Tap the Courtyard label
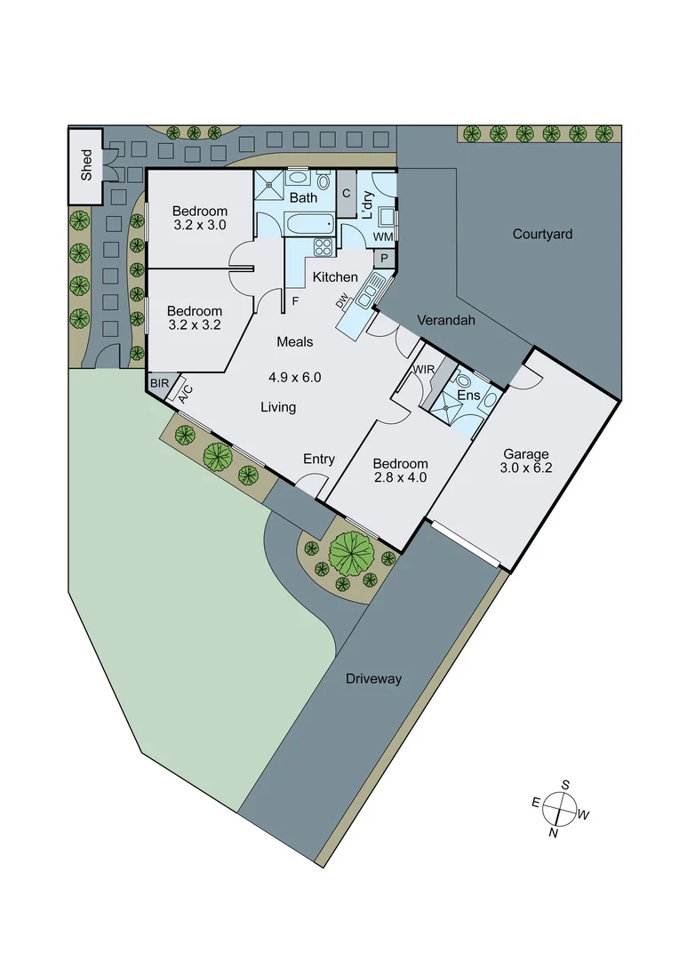542,235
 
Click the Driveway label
372,679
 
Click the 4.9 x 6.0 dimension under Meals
294,377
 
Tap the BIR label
159,384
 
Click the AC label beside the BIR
185,394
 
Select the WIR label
423,370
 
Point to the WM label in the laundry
383,237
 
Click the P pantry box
385,258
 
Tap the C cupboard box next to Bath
346,193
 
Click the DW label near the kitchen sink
342,302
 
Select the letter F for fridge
295,301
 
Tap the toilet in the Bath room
323,186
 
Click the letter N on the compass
554,833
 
